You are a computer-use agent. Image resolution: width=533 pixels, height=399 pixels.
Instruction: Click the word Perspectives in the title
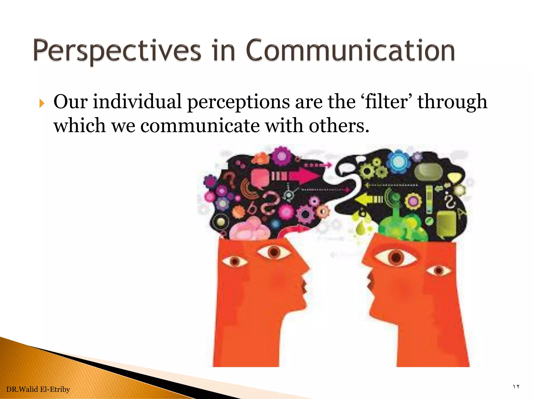coord(117,51)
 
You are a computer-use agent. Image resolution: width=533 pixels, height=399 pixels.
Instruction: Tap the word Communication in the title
coord(350,51)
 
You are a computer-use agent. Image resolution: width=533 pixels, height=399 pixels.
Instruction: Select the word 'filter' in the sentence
coord(386,102)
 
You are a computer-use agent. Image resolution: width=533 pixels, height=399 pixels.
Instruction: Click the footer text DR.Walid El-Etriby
coord(38,389)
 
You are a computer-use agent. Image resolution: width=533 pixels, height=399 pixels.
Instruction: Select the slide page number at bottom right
coord(516,387)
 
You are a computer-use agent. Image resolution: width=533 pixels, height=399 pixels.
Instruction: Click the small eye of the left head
coord(235,261)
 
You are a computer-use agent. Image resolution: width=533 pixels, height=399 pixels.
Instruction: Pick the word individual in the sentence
coord(137,102)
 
